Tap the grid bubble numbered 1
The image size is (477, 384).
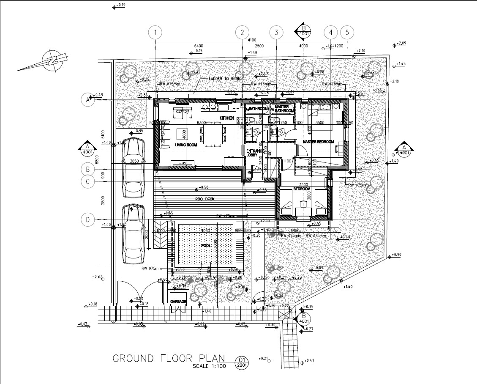click(x=156, y=33)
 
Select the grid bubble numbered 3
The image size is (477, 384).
click(x=276, y=33)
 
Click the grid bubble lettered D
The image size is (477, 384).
click(x=87, y=219)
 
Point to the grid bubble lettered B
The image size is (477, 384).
click(x=87, y=169)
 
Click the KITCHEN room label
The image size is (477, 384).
click(x=226, y=118)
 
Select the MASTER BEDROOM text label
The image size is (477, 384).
click(x=318, y=142)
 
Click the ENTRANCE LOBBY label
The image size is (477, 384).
click(x=255, y=153)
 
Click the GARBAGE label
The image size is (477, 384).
click(x=178, y=302)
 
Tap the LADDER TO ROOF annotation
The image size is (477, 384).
click(x=224, y=79)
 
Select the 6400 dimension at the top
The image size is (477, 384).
click(x=199, y=46)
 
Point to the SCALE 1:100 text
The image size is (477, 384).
click(x=209, y=366)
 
